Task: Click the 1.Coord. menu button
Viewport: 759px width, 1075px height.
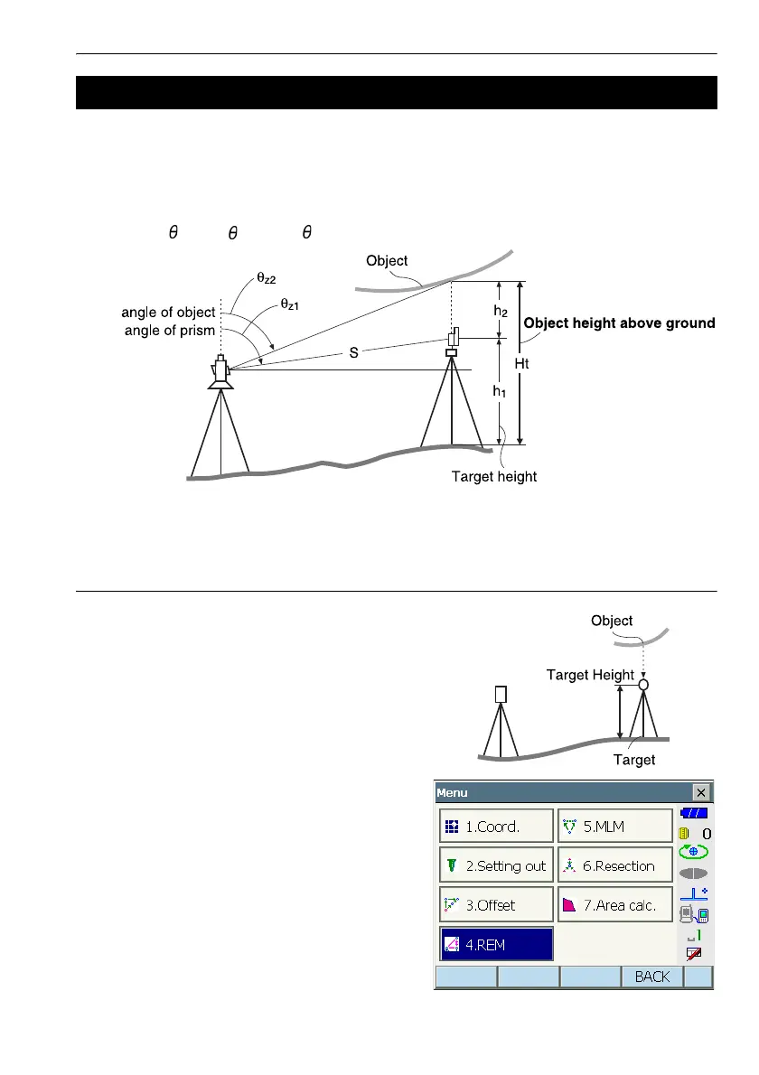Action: click(496, 826)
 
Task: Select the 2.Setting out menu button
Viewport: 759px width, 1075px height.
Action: click(496, 865)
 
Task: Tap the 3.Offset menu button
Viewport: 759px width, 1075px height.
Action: click(496, 904)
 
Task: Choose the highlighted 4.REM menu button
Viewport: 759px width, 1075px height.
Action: click(496, 944)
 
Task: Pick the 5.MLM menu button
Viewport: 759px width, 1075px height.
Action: click(614, 826)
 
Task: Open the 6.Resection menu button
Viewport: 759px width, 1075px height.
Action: click(614, 865)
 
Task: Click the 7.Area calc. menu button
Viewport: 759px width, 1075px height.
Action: click(614, 904)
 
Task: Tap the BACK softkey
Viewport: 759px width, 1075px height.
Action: click(651, 977)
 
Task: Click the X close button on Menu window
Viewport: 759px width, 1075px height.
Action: click(701, 792)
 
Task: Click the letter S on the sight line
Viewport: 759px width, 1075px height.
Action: click(354, 353)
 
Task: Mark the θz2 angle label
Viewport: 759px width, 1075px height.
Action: click(267, 279)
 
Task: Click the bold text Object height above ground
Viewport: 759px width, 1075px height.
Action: click(619, 322)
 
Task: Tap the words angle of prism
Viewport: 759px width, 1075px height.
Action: click(168, 330)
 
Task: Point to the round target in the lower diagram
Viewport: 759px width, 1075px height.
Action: click(642, 685)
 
